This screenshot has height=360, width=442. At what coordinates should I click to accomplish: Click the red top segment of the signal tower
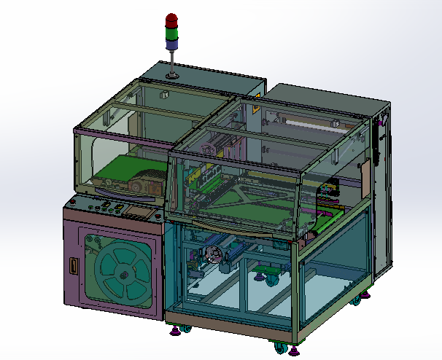(x=171, y=20)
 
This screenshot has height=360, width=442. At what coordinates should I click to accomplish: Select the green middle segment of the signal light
(x=171, y=32)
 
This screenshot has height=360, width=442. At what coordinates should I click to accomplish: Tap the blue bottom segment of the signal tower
(x=171, y=43)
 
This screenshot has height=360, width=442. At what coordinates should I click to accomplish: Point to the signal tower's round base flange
(x=172, y=74)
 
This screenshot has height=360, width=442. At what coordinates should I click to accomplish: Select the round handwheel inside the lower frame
(x=214, y=255)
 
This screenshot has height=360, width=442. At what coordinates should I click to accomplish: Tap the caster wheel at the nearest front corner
(x=279, y=348)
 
